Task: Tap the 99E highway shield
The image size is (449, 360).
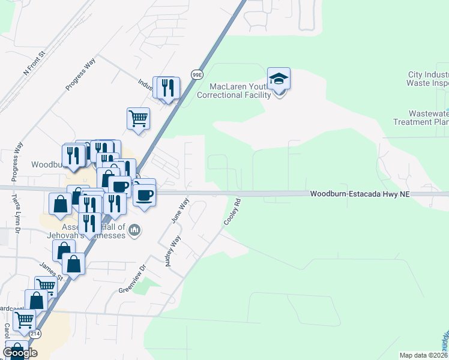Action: (x=196, y=74)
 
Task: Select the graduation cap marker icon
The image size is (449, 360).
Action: (x=279, y=79)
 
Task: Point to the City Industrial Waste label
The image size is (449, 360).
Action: (x=427, y=79)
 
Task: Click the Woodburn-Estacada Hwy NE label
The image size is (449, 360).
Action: (x=358, y=194)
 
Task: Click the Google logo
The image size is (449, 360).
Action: (x=20, y=353)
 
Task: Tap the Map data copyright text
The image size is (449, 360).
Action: (x=423, y=355)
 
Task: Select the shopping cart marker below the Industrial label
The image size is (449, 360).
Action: (x=138, y=118)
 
